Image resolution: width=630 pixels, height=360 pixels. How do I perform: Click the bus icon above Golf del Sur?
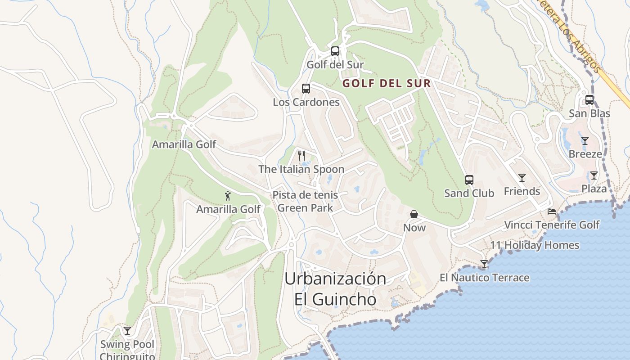(x=335, y=51)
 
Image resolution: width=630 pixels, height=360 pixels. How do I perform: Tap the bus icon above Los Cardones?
(x=306, y=88)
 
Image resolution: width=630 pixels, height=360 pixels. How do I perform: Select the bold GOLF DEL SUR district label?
(x=387, y=83)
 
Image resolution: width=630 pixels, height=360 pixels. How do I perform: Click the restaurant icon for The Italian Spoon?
(x=301, y=156)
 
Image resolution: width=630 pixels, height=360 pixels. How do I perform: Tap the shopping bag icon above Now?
(x=414, y=214)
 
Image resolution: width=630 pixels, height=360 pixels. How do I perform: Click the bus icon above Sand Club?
(x=469, y=180)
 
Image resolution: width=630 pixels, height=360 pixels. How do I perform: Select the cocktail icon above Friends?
(x=522, y=178)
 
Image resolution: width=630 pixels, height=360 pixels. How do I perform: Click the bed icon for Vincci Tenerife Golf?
(x=552, y=211)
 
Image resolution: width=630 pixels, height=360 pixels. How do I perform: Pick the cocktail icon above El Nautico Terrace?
(x=484, y=264)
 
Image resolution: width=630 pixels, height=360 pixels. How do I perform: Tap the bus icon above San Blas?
(x=589, y=100)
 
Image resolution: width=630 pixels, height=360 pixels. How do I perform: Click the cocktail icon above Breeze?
(x=585, y=141)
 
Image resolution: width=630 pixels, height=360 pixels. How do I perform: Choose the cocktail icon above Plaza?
(x=594, y=175)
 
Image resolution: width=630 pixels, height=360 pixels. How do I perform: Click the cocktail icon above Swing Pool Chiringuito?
(x=127, y=331)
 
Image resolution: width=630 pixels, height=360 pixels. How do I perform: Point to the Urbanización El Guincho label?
(x=335, y=289)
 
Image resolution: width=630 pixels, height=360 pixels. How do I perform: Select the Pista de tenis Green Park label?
(x=305, y=201)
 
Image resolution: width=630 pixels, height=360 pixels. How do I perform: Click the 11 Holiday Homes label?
(x=535, y=245)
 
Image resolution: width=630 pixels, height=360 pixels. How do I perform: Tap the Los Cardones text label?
(x=306, y=102)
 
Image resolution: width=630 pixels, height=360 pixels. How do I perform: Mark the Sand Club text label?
(x=469, y=193)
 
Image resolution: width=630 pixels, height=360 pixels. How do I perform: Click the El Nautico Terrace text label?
(x=484, y=278)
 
